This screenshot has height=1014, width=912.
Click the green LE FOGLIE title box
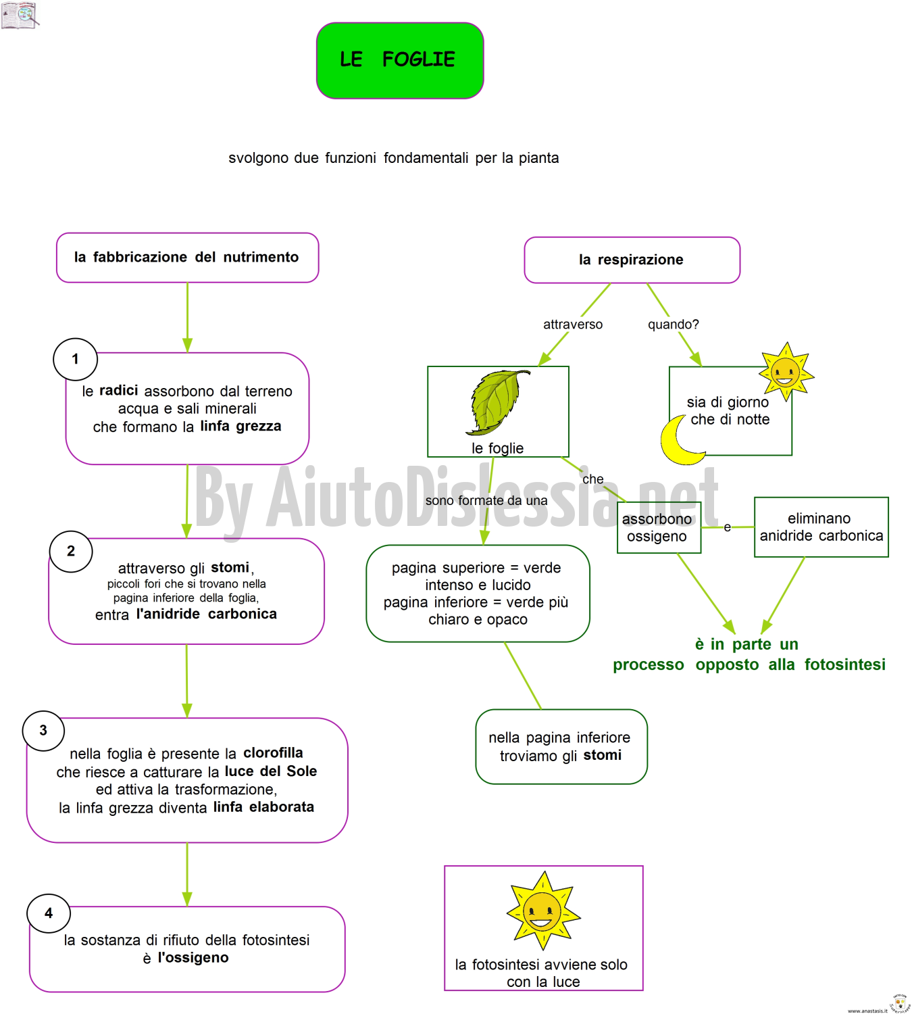(400, 60)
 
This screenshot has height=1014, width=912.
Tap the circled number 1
(75, 359)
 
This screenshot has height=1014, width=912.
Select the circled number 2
(71, 551)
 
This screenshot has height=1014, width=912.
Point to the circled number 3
(43, 731)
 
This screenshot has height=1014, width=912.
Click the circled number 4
(49, 913)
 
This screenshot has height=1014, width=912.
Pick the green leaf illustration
(497, 402)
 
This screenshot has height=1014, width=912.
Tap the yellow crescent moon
(680, 440)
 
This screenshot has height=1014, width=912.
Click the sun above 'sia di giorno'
(786, 372)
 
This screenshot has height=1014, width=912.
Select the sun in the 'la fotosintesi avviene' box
(543, 911)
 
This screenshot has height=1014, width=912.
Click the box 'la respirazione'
(632, 260)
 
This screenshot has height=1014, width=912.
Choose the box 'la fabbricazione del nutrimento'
(187, 258)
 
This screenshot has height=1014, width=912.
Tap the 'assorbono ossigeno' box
(659, 527)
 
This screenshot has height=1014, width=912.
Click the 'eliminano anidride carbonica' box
(821, 527)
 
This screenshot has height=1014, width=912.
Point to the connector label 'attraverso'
(572, 324)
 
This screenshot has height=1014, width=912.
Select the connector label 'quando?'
(673, 324)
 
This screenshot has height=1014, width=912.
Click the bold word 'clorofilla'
(273, 752)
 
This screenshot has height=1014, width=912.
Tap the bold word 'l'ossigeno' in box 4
(193, 957)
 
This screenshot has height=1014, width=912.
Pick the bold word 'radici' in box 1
(119, 390)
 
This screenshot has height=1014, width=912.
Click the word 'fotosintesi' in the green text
(845, 665)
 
